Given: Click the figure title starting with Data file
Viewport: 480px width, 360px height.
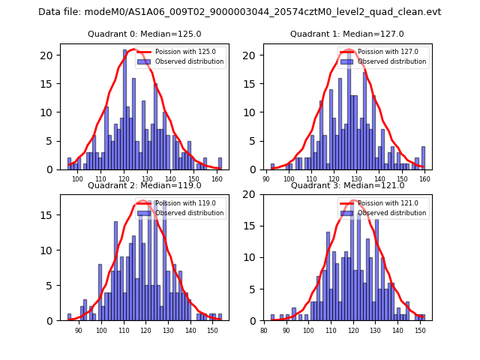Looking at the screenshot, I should [240, 12].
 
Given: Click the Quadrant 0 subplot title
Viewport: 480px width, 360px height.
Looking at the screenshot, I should [145, 34].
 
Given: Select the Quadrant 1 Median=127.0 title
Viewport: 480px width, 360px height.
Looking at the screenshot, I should [347, 34].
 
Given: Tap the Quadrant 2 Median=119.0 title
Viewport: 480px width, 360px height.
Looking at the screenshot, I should [145, 185].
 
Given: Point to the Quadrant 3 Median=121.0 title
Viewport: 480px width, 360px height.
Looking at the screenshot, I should [347, 185].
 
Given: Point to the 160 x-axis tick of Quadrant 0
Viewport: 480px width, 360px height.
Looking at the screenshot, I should [217, 180].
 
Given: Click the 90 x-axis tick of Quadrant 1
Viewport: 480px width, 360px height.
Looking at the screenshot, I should [266, 180].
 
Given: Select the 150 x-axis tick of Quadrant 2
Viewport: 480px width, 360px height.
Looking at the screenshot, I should [212, 331].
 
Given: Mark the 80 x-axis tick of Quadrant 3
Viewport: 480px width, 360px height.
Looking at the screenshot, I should [264, 331].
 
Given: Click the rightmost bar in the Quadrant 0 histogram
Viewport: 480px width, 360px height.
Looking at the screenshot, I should [220, 163].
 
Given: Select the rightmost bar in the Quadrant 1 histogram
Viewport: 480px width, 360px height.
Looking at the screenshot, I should [423, 158].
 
